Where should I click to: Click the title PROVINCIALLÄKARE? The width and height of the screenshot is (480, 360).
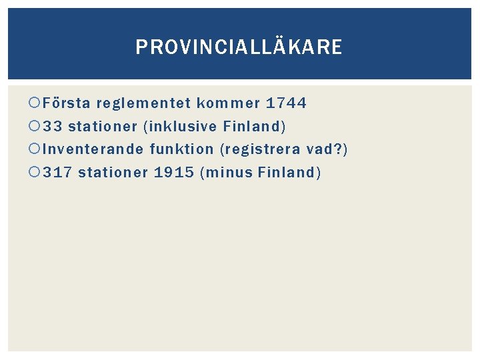(239, 47)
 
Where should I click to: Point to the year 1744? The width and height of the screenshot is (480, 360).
(286, 103)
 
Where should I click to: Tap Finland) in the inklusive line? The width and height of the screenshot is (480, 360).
(255, 126)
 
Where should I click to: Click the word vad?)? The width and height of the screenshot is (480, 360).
(327, 149)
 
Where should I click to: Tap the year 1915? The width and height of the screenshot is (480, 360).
(173, 172)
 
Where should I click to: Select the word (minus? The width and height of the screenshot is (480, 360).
(226, 172)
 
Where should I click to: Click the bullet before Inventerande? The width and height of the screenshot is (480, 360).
(35, 149)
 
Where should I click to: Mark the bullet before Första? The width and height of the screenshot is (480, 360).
(35, 103)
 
